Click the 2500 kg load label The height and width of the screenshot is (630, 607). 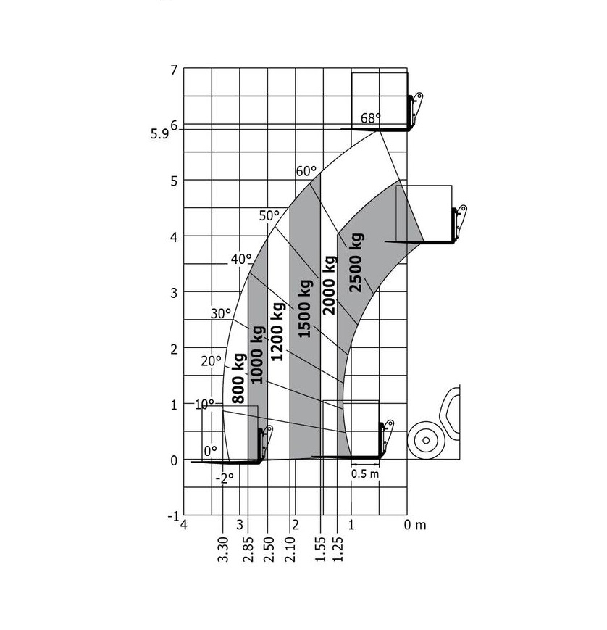point(356,262)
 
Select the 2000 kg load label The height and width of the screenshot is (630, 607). point(329,285)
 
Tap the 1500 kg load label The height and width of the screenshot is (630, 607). point(305,308)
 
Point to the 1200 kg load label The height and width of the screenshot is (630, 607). point(277,331)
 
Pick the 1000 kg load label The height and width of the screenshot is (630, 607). point(257,355)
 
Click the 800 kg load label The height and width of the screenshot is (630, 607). point(238,378)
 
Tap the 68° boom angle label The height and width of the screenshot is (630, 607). point(371,118)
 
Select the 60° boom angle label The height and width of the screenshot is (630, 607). point(306,171)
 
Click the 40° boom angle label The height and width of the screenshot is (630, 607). point(241,260)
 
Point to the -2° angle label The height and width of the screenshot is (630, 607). point(225,478)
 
